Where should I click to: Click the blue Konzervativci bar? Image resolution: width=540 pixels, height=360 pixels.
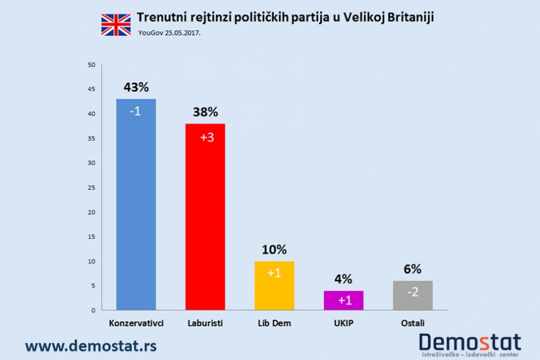[136, 204]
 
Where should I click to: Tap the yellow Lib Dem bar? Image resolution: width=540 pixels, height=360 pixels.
[274, 286]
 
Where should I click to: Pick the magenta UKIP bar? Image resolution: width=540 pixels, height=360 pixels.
[343, 300]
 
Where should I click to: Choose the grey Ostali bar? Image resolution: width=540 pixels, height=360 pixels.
[412, 295]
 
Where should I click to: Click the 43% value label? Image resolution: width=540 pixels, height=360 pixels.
[136, 88]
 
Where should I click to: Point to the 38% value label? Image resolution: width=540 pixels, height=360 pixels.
[205, 112]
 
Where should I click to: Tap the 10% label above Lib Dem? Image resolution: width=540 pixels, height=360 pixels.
[274, 250]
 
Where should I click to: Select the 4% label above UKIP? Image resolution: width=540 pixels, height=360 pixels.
[343, 279]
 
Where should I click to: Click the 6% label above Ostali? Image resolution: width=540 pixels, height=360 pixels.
[412, 269]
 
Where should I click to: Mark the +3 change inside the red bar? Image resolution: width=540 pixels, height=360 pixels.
[207, 138]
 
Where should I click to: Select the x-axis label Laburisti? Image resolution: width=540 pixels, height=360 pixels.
[205, 323]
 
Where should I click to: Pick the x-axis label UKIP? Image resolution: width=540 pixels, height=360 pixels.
[343, 323]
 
